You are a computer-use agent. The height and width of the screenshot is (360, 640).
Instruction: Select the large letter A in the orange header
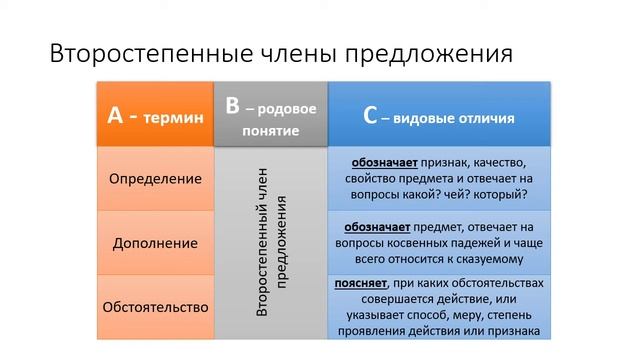point(116,115)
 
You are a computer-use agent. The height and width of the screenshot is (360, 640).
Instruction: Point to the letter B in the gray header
point(232,105)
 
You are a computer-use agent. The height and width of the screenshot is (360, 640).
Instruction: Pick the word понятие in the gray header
point(270,131)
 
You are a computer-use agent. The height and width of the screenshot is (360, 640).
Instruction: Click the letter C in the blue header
point(370,116)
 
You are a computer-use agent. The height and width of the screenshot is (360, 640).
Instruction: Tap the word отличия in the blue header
point(484,118)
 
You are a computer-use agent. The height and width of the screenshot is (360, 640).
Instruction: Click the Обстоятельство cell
point(155,306)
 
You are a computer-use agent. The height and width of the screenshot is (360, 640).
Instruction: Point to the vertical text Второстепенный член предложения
point(271,243)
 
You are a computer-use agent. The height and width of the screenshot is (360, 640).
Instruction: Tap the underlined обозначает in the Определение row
point(387,161)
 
